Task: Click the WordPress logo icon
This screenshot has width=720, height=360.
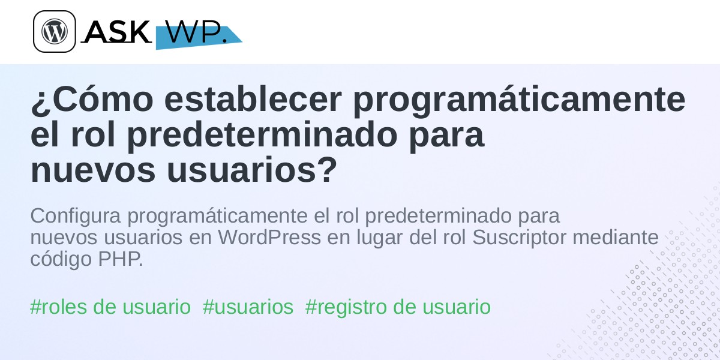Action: tap(55, 31)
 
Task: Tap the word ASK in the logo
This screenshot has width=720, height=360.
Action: tap(117, 31)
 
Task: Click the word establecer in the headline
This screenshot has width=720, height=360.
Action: tap(253, 100)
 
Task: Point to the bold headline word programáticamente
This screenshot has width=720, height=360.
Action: tap(519, 101)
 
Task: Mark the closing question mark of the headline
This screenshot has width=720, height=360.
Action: tap(328, 169)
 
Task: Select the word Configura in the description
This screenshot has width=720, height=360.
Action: tap(76, 217)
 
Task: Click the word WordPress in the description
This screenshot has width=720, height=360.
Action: tap(269, 238)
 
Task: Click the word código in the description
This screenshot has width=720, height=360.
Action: tap(61, 260)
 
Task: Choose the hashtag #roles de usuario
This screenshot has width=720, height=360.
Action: tap(110, 307)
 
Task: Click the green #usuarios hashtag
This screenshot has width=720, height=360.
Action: tap(248, 307)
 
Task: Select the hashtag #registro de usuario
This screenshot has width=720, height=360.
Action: tap(398, 307)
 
